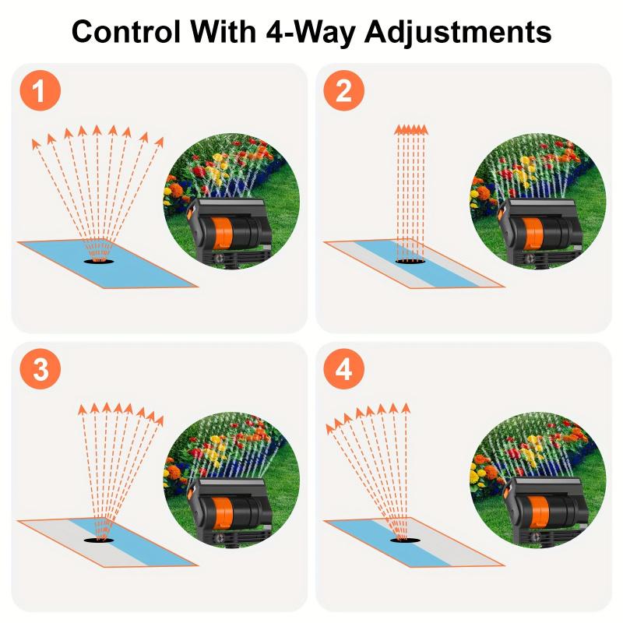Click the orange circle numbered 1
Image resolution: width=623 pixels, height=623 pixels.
point(40,92)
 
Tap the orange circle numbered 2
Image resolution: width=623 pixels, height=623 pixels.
point(343,92)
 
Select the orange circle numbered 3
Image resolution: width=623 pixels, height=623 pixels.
point(40,371)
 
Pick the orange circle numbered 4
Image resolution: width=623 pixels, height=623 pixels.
point(343,371)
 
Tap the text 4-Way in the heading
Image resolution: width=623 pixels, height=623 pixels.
point(307,33)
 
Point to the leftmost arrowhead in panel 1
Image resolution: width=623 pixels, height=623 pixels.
point(35,143)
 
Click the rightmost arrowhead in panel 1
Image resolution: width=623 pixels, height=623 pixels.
point(160,141)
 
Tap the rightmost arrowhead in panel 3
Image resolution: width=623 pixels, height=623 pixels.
point(159,420)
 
